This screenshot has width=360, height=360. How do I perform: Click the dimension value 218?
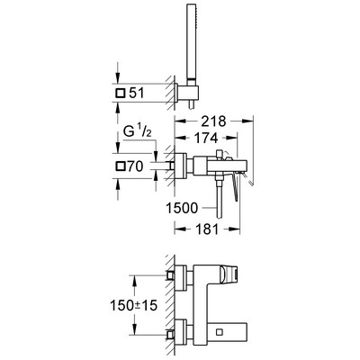point(213,121)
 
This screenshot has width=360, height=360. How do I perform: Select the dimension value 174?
point(206,138)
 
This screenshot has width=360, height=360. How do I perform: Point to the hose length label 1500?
point(182,208)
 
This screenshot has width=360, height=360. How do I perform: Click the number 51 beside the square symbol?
point(137,94)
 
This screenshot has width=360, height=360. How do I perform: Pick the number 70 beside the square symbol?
point(135,166)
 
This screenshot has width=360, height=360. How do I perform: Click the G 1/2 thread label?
point(138,131)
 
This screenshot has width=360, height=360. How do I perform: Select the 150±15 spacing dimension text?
point(134,306)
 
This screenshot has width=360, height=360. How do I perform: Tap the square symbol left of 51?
point(120,94)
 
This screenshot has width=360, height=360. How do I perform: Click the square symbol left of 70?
point(121,166)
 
